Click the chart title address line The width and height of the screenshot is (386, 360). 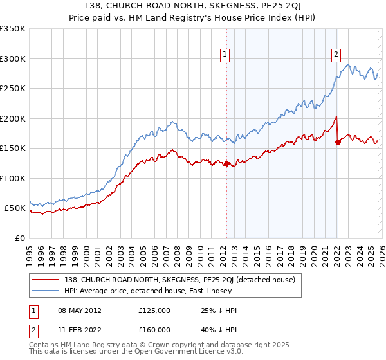coord(193,5)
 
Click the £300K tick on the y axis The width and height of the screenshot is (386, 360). coord(12,59)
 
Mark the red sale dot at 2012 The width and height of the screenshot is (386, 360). coord(226,163)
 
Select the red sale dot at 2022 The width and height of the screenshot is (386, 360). coord(338,143)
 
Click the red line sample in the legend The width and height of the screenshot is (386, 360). coord(46,280)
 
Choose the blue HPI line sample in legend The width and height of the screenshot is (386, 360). coord(46,291)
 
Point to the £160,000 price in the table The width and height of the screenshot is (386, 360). coord(154,330)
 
